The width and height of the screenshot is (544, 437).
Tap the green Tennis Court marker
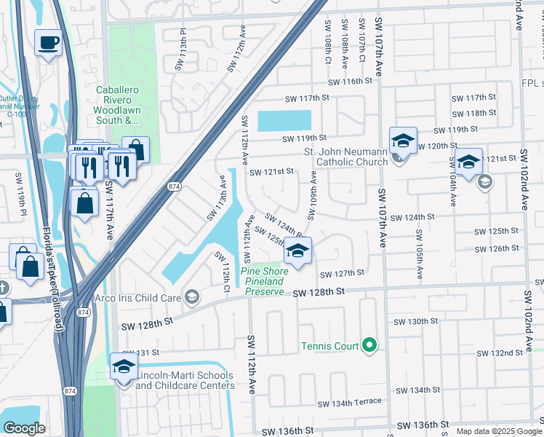tap(370, 344)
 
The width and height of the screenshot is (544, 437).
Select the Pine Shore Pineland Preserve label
tap(265, 281)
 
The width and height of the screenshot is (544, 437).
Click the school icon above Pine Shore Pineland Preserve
tap(297, 251)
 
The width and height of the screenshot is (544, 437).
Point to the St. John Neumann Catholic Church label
tap(345, 157)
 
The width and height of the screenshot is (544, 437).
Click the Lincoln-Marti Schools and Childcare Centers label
tap(184, 380)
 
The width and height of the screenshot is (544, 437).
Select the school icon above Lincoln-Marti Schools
tap(124, 367)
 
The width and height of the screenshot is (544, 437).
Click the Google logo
tap(24, 428)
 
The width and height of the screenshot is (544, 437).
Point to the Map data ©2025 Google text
tap(498, 431)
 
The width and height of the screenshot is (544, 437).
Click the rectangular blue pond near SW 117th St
tap(284, 121)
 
